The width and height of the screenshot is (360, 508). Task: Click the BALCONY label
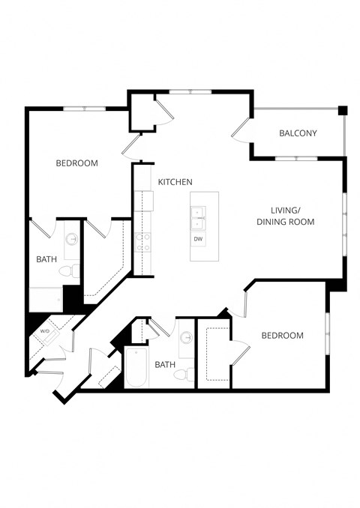298,133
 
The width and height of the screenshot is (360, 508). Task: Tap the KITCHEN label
175,182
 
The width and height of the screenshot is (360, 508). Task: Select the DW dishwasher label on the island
198,239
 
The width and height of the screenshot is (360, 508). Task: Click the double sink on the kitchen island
198,217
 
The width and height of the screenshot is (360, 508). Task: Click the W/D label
45,330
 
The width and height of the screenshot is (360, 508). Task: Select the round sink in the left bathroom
72,240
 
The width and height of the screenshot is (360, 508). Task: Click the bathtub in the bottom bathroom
136,368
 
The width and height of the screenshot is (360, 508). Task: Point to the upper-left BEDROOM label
77,163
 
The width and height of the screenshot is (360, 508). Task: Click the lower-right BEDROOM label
282,336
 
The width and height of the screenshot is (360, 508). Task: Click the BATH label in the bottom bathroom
164,365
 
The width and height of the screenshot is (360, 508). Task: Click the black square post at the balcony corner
342,110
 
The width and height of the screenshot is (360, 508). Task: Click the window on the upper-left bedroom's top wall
83,109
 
